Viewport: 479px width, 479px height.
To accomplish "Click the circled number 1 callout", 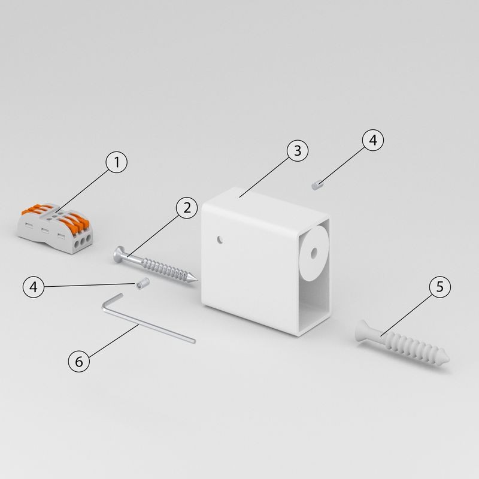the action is (x=116, y=162).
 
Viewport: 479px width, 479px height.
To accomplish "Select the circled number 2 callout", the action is (x=187, y=208).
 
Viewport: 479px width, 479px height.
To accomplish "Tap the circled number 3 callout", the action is (x=298, y=151).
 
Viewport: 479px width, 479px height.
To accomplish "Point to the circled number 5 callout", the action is (x=440, y=287).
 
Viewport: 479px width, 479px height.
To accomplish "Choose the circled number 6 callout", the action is (x=79, y=362).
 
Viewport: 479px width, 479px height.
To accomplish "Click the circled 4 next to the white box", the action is (x=373, y=140).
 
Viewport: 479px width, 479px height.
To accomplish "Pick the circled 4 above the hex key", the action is (x=34, y=287).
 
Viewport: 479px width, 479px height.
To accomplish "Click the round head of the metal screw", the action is (x=119, y=254).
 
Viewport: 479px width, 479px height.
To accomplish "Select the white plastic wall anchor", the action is (x=402, y=343).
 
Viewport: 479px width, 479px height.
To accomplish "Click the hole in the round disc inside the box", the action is (x=314, y=253).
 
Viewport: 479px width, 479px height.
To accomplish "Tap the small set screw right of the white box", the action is (x=318, y=185).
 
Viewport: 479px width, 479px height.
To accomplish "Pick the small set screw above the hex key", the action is (x=143, y=283).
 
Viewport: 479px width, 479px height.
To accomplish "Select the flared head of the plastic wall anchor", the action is (x=363, y=332).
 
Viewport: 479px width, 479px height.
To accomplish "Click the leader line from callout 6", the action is (x=113, y=340).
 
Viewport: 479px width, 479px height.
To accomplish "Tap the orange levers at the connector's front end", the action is (x=76, y=221).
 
